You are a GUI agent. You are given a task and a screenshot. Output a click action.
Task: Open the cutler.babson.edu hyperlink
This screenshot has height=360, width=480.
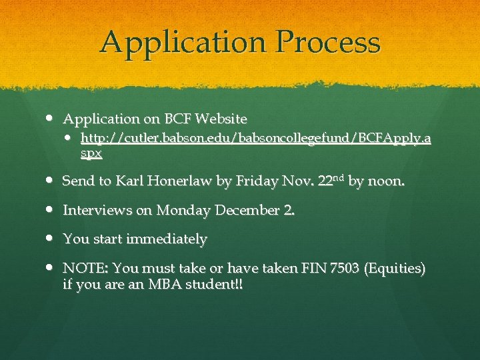click(255, 139)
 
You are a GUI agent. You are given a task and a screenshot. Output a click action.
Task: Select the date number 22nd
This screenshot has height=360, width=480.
click(328, 181)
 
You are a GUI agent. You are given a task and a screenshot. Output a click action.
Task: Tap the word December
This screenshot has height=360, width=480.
click(243, 211)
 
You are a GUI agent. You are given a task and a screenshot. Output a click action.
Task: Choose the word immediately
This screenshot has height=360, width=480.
click(166, 239)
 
